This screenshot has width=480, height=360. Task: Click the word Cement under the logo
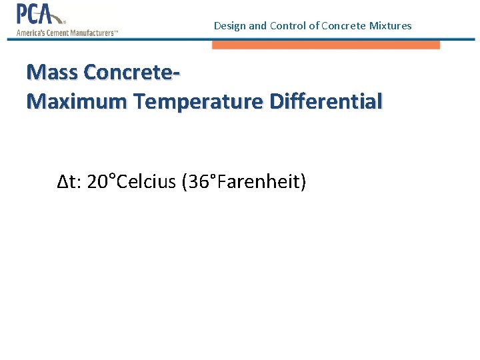click(56, 33)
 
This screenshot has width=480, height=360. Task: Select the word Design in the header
click(229, 26)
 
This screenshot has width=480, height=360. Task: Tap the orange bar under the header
click(326, 45)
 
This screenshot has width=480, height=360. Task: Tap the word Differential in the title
click(326, 101)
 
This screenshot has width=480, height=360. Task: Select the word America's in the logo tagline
click(30, 33)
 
